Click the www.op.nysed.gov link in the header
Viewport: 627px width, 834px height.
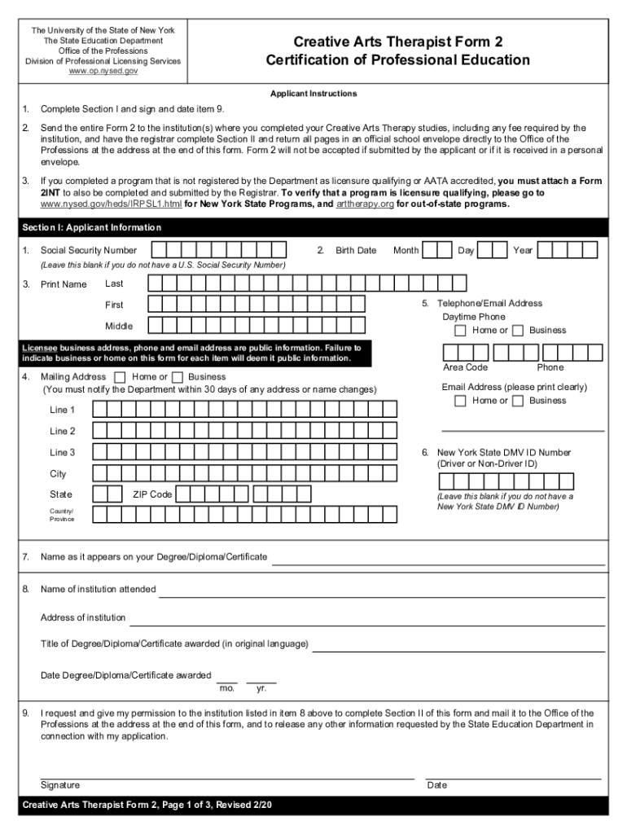pos(103,72)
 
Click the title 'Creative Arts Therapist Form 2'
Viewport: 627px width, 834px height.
pos(397,42)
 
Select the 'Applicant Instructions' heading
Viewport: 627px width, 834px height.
pos(313,94)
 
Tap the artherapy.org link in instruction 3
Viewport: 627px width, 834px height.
pos(365,204)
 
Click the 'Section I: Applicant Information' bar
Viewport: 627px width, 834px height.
pos(92,227)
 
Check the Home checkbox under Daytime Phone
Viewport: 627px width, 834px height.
pos(460,331)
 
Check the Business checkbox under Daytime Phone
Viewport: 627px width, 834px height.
pos(518,331)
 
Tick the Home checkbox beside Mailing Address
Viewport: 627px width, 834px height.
pos(120,377)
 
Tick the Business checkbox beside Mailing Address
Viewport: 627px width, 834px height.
pos(176,377)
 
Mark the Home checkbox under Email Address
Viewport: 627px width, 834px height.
pos(460,401)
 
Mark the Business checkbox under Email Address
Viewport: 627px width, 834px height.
pos(518,401)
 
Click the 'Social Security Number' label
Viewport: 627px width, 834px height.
pos(89,251)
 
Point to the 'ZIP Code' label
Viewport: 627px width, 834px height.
pos(151,494)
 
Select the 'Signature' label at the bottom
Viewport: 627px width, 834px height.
pos(60,785)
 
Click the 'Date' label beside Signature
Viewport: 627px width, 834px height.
pos(436,785)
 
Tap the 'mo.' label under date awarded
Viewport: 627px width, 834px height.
pos(227,688)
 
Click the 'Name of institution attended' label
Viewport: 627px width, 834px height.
pos(98,589)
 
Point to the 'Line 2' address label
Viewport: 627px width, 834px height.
pos(62,431)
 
